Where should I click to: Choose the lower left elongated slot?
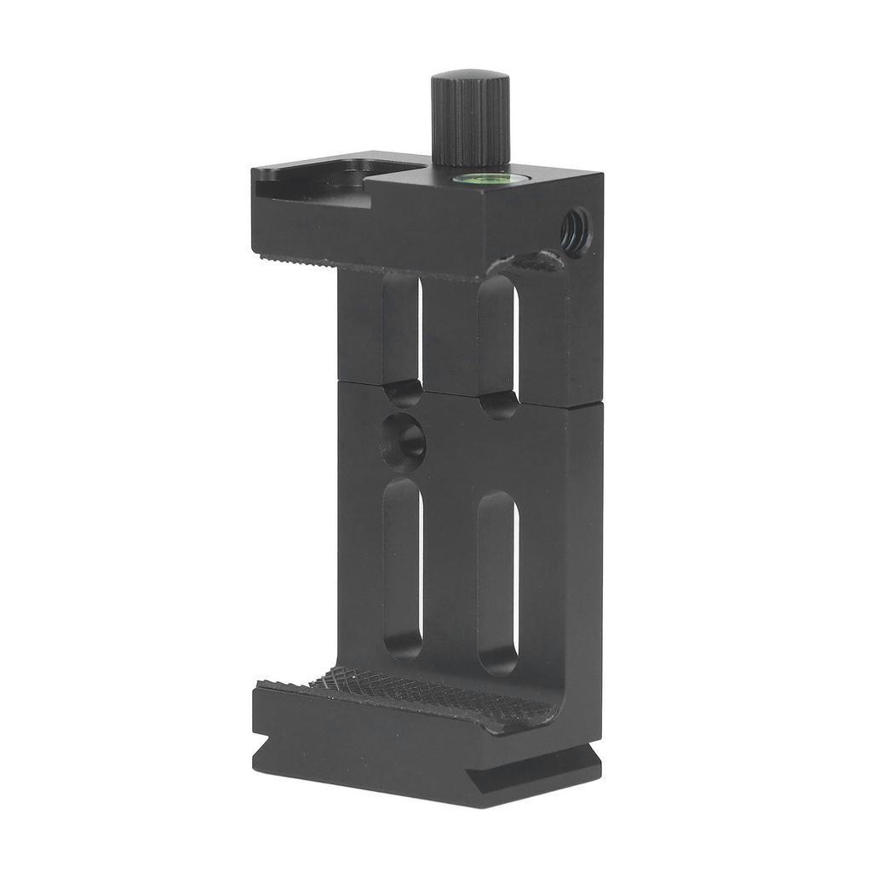click(x=403, y=566)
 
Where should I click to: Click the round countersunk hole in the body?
click(x=404, y=441)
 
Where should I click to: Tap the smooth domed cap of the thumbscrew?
click(x=470, y=76)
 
